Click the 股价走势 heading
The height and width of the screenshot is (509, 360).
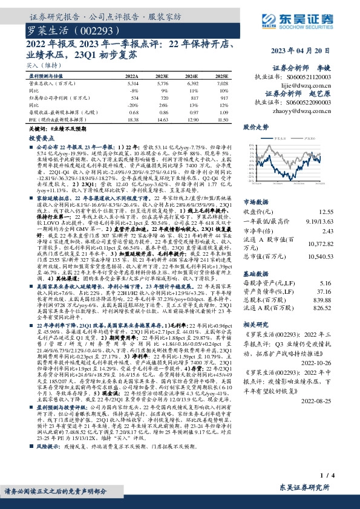(255, 128)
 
